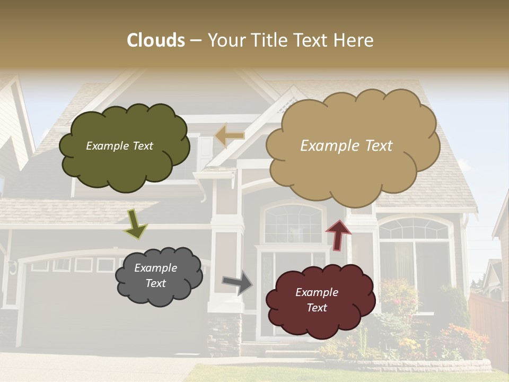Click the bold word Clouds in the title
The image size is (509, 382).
point(156,40)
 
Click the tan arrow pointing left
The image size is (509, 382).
point(229,136)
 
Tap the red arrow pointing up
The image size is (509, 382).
point(338,234)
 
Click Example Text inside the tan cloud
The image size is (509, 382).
point(346,146)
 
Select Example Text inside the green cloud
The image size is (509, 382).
point(119,146)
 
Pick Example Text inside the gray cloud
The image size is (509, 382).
point(156,275)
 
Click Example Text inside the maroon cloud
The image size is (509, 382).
point(317,300)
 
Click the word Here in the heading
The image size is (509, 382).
point(356,40)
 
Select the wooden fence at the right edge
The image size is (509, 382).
point(488,324)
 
